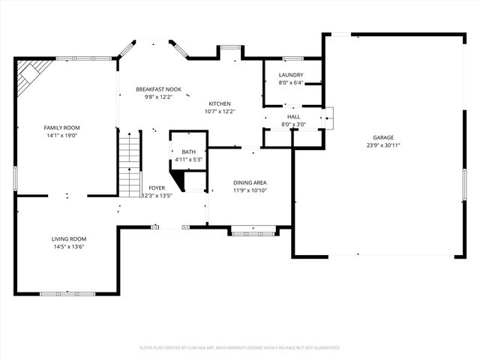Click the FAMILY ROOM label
[61, 128]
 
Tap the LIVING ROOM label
[68, 238]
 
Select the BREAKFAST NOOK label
[154, 89]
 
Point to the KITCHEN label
[220, 103]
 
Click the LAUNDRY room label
[290, 75]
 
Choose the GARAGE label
[383, 137]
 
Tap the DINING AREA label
[250, 182]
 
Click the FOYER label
[157, 187]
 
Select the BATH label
[188, 151]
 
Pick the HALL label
[293, 117]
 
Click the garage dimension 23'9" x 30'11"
[383, 145]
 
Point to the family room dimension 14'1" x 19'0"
[61, 136]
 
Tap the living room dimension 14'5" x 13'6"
[68, 247]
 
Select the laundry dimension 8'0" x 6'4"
[290, 83]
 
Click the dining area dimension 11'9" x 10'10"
[250, 190]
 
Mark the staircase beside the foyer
[130, 163]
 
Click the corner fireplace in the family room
[31, 73]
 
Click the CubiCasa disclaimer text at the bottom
[240, 347]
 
